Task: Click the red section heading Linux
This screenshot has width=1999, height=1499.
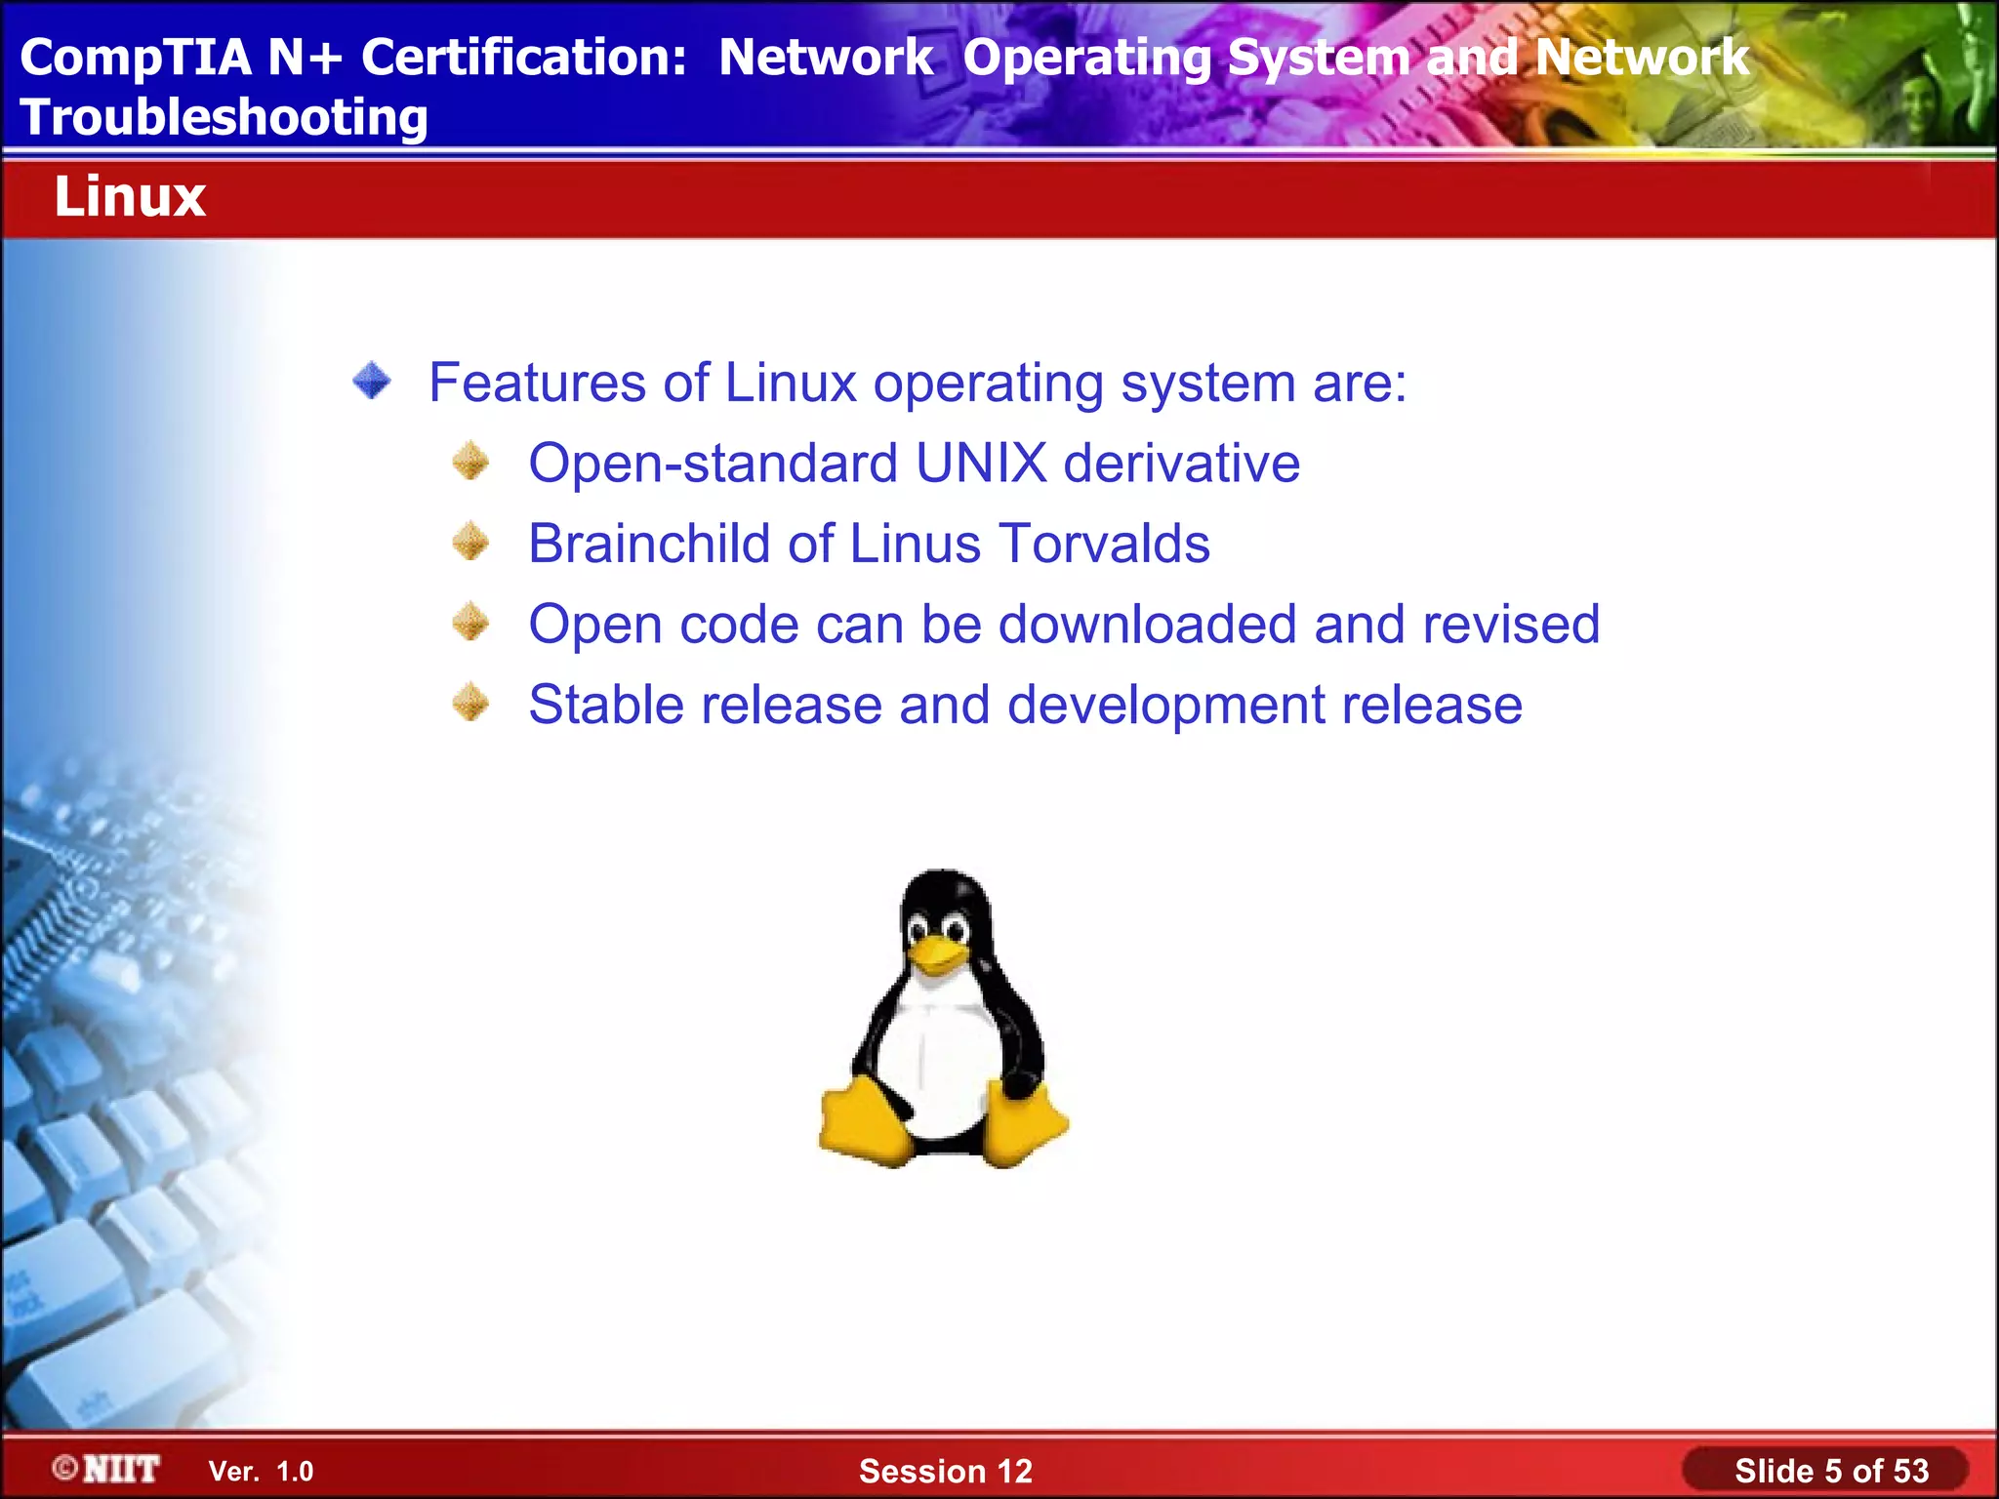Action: pyautogui.click(x=130, y=197)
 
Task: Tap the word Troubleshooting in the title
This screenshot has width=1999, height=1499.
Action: pyautogui.click(x=224, y=118)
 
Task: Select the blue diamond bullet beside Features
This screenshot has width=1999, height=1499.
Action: pyautogui.click(x=372, y=381)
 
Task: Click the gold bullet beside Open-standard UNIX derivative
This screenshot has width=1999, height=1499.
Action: pyautogui.click(x=470, y=461)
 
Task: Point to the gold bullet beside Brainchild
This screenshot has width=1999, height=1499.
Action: pyautogui.click(x=470, y=541)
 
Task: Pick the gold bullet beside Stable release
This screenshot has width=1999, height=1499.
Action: pyautogui.click(x=470, y=702)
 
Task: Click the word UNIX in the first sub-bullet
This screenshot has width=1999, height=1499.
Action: pyautogui.click(x=981, y=463)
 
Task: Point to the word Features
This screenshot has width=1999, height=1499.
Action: pyautogui.click(x=538, y=382)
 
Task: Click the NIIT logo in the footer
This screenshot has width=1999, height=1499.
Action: pyautogui.click(x=107, y=1469)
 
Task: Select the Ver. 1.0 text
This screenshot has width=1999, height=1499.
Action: pyautogui.click(x=261, y=1472)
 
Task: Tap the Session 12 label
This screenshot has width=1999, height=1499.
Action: pyautogui.click(x=945, y=1471)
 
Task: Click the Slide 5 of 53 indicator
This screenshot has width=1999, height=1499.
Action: pyautogui.click(x=1830, y=1471)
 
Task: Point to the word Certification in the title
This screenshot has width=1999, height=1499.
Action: pyautogui.click(x=524, y=58)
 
